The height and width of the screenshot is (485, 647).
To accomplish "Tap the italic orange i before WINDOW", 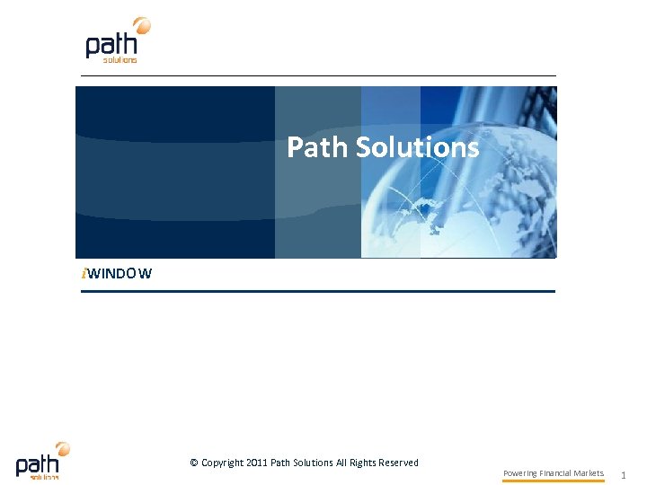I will (x=84, y=273).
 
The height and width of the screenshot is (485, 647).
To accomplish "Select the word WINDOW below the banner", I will (x=120, y=273).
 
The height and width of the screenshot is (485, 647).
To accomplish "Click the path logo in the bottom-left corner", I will (x=41, y=461).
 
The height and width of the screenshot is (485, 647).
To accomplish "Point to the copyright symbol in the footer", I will (x=194, y=463).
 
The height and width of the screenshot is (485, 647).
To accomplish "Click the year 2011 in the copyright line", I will (x=257, y=463).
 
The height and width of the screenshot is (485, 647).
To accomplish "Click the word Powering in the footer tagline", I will (x=519, y=473).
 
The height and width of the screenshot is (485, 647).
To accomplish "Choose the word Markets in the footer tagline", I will (x=589, y=473).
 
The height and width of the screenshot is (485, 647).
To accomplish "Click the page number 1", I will (x=624, y=473).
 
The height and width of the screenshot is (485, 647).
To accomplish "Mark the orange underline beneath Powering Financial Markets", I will (x=553, y=481).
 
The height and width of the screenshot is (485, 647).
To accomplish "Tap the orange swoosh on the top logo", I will (x=141, y=25).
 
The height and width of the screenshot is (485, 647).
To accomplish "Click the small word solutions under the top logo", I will (x=120, y=60).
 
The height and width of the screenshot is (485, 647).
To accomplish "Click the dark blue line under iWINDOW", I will (x=317, y=291).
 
